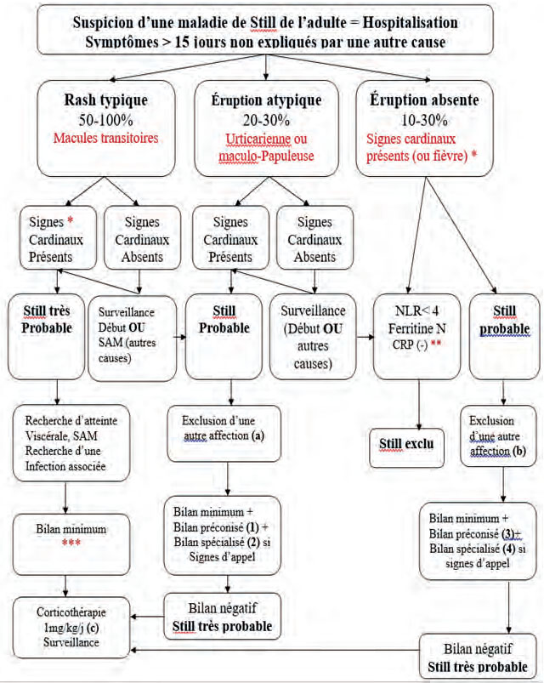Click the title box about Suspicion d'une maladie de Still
[x=265, y=30]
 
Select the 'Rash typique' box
[x=106, y=128]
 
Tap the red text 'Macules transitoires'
[x=105, y=138]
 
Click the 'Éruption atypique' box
[x=266, y=128]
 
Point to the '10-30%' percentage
[x=424, y=120]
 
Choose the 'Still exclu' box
[x=406, y=447]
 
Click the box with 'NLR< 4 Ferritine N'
[x=416, y=337]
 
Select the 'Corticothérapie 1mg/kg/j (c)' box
[x=71, y=627]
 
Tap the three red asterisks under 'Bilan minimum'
[x=71, y=543]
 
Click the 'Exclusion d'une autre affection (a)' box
[x=224, y=434]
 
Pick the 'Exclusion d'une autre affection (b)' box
[x=498, y=436]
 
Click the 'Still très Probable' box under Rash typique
[x=47, y=337]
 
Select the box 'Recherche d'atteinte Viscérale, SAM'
[x=71, y=443]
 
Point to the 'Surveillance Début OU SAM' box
[x=133, y=339]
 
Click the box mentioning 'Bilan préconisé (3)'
[x=478, y=541]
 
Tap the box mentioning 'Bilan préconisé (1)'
[x=222, y=535]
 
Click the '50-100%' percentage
[x=105, y=120]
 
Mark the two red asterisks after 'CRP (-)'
[x=436, y=344]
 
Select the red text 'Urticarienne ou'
[x=266, y=139]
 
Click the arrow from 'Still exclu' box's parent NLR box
[x=419, y=404]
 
